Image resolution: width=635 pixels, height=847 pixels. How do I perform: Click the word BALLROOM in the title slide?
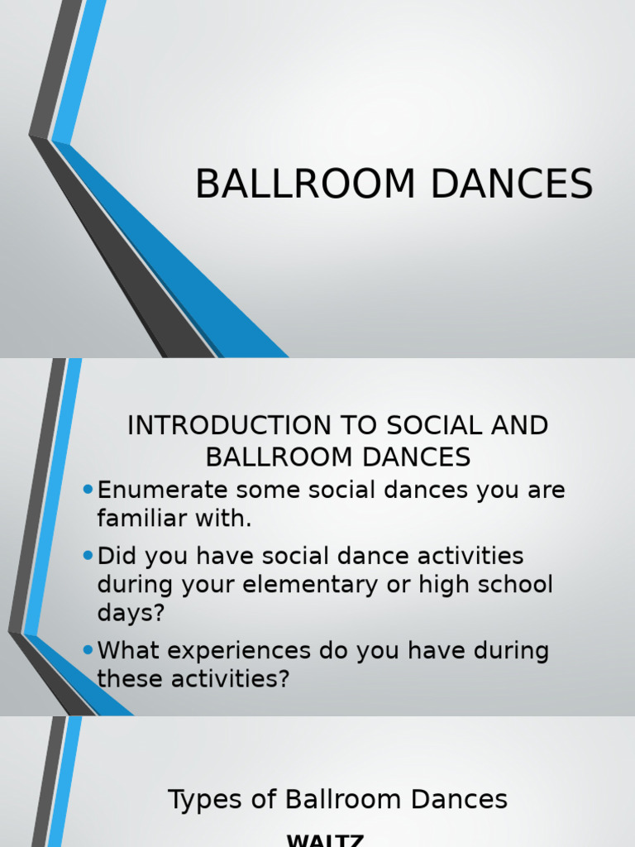click(x=305, y=184)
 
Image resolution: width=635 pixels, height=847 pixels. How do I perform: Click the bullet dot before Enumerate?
click(x=88, y=490)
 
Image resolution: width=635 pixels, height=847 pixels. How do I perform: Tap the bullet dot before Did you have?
click(x=88, y=554)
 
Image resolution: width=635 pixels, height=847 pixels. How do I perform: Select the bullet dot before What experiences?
click(x=88, y=650)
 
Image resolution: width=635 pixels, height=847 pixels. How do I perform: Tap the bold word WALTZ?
click(x=325, y=840)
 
